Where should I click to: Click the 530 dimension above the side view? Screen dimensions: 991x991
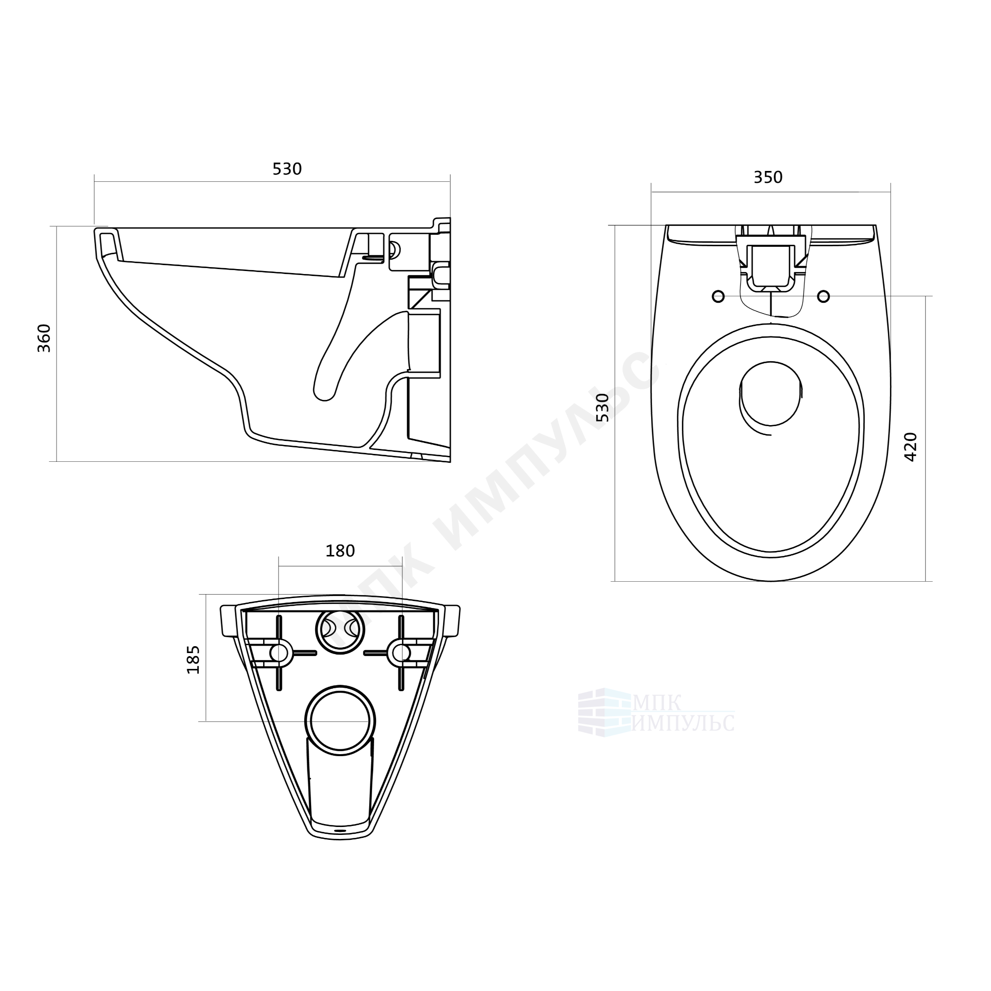tap(287, 169)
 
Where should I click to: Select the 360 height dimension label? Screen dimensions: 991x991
tap(45, 338)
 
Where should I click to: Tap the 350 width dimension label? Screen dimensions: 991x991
tap(768, 177)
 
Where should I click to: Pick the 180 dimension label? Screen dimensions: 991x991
tap(340, 551)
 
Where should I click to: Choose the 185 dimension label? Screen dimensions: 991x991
tap(193, 660)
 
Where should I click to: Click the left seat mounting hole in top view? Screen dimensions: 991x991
tap(718, 296)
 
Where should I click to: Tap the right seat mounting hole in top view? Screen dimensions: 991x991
tap(823, 296)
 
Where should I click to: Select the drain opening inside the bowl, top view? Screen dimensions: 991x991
tap(771, 393)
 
